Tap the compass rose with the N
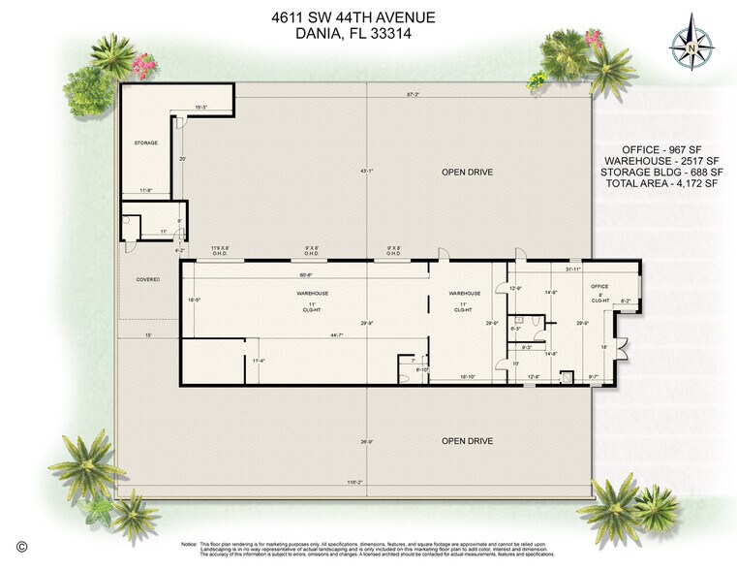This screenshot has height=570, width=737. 691,45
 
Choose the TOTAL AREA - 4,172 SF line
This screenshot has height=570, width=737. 661,183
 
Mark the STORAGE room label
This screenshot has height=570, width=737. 145,142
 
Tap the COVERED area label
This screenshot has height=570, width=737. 147,279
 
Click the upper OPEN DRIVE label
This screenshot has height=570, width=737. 467,172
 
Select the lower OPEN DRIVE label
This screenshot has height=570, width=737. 467,441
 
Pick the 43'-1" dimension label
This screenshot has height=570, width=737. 367,172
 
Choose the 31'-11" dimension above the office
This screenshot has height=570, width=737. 573,269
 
